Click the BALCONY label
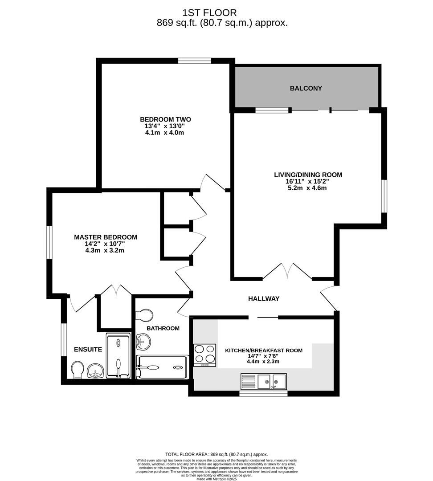point(306,88)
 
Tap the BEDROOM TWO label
point(165,119)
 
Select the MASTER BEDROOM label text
point(106,237)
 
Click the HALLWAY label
point(264,298)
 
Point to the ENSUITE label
point(88,350)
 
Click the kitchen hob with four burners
point(205,355)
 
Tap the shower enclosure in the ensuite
point(118,356)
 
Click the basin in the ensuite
point(95,371)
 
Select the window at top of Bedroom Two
point(195,61)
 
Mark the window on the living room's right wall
point(384,196)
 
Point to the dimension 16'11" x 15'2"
point(308,182)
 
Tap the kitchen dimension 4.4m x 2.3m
point(263,362)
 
